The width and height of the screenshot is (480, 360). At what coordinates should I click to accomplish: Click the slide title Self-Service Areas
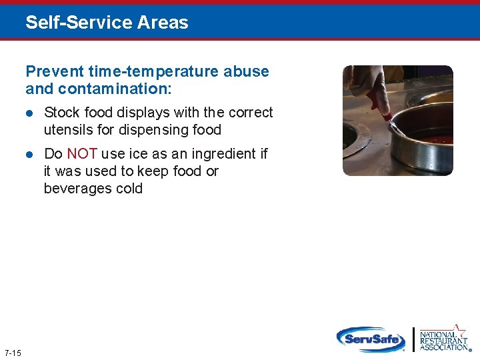pyautogui.click(x=107, y=23)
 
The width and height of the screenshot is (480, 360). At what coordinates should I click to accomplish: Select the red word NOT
pyautogui.click(x=82, y=154)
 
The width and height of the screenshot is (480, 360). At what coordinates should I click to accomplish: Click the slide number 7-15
pyautogui.click(x=13, y=352)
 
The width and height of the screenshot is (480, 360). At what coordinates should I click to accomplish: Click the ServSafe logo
pyautogui.click(x=371, y=339)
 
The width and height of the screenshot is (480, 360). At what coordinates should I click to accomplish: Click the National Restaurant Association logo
pyautogui.click(x=443, y=339)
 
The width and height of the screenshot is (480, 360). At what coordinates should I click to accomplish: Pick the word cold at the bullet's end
pyautogui.click(x=129, y=189)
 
